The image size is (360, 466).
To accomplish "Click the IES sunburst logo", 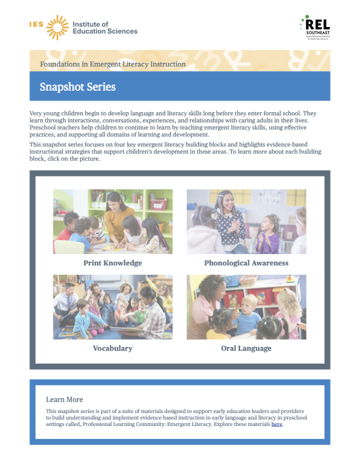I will click(x=57, y=27).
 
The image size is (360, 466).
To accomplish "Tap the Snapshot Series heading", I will click(x=78, y=87).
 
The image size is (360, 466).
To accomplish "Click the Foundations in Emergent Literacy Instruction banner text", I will click(x=113, y=64).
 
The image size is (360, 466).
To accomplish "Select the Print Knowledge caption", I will click(x=112, y=263).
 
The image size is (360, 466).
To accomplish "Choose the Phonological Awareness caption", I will click(x=246, y=263).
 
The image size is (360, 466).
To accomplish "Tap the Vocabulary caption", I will click(x=112, y=348).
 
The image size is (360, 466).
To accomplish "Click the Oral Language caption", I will click(x=246, y=348).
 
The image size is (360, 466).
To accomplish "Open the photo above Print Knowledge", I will click(x=112, y=221).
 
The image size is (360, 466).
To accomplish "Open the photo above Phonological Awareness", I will click(x=246, y=221).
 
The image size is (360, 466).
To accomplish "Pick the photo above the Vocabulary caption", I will click(x=112, y=307).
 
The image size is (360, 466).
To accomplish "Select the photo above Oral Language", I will click(x=246, y=307).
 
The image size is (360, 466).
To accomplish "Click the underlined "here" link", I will click(x=277, y=424).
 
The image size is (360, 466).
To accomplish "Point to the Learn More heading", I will click(x=64, y=400).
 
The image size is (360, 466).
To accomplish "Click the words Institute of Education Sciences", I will click(x=104, y=28).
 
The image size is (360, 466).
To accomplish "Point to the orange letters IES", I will click(x=36, y=24).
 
